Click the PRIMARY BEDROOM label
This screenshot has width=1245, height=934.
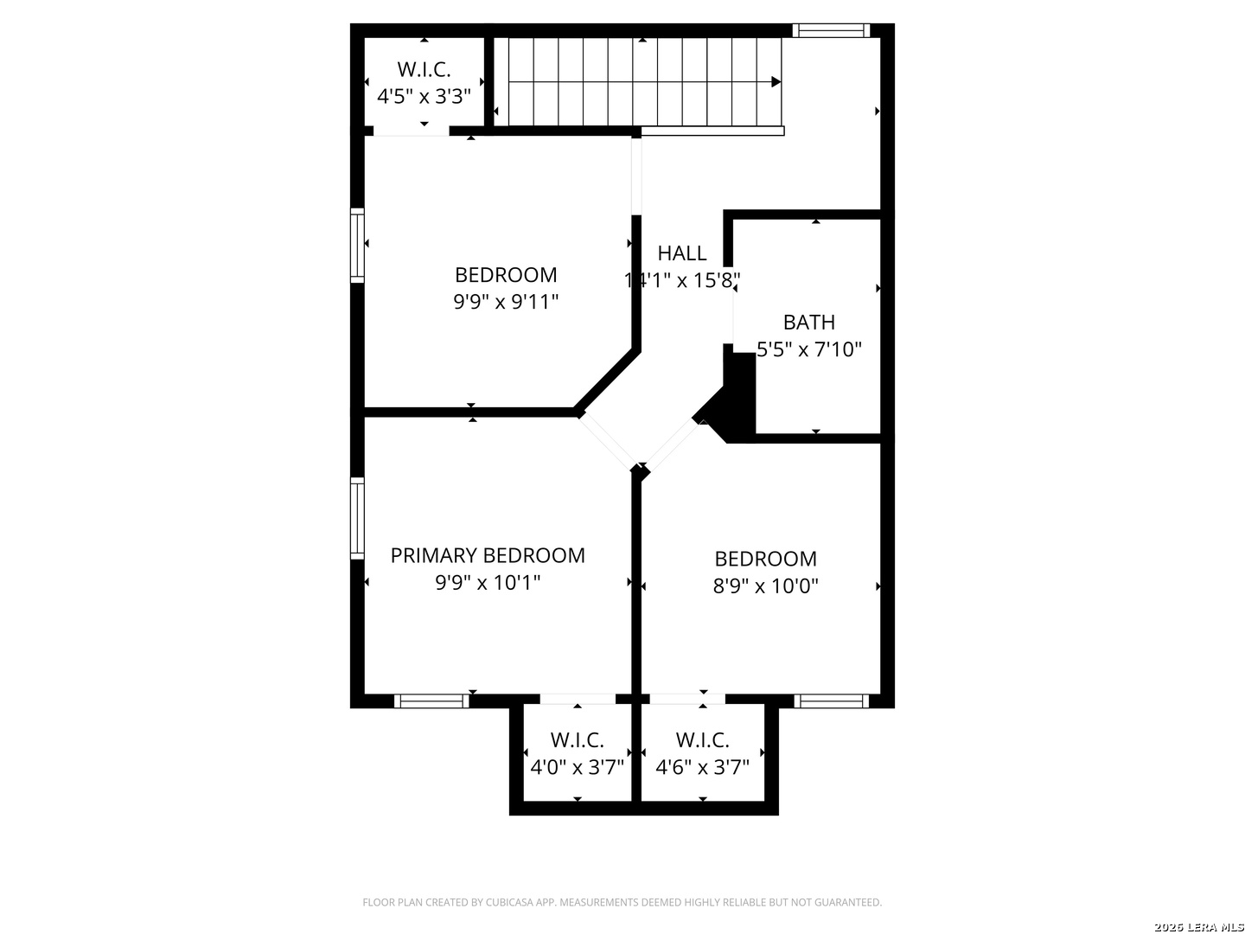pyautogui.click(x=488, y=555)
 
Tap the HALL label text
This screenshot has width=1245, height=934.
pyautogui.click(x=682, y=253)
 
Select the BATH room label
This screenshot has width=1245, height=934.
pyautogui.click(x=809, y=323)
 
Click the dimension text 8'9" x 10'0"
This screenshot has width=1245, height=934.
pyautogui.click(x=765, y=586)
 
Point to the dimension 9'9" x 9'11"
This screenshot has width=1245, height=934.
pyautogui.click(x=506, y=302)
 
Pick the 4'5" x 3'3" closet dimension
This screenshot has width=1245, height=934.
pyautogui.click(x=424, y=96)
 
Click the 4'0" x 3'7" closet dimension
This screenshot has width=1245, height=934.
pyautogui.click(x=577, y=767)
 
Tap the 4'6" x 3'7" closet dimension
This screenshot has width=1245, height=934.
pyautogui.click(x=702, y=767)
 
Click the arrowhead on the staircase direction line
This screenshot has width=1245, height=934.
pyautogui.click(x=776, y=82)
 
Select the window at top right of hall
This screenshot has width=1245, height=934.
pyautogui.click(x=830, y=30)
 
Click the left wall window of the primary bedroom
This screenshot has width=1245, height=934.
pyautogui.click(x=357, y=517)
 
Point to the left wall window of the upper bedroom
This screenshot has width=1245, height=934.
pyautogui.click(x=357, y=245)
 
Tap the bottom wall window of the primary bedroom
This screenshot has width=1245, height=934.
pyautogui.click(x=431, y=700)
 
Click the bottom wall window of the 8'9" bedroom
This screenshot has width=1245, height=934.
pyautogui.click(x=831, y=700)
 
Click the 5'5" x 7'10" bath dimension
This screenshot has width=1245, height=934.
pyautogui.click(x=809, y=350)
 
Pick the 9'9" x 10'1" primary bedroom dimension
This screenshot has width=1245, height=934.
pyautogui.click(x=488, y=583)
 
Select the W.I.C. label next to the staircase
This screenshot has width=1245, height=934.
pyautogui.click(x=424, y=69)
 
